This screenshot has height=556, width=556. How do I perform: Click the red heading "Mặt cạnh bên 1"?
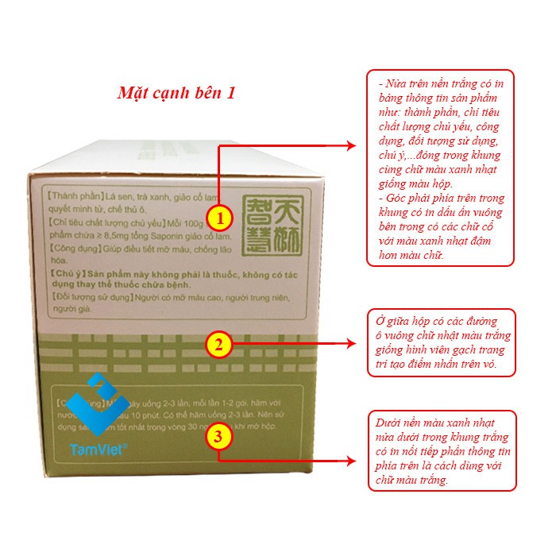point(176,92)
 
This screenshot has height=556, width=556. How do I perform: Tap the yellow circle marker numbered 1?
point(220,216)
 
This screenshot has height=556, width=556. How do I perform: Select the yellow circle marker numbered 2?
point(220,345)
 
